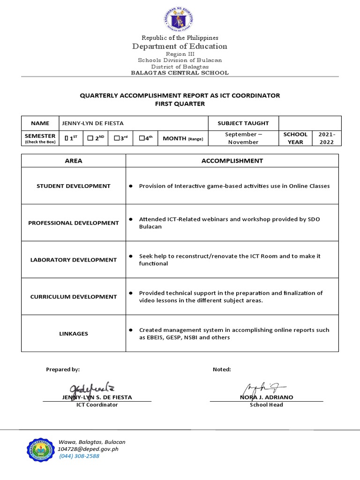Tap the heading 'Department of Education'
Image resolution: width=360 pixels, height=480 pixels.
[x=180, y=46]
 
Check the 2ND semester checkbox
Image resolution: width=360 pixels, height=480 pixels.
[x=90, y=138]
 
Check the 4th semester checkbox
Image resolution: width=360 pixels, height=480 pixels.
[x=142, y=138]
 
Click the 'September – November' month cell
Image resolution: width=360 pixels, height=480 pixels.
[x=243, y=138]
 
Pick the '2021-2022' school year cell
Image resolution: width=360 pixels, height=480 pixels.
[x=326, y=138]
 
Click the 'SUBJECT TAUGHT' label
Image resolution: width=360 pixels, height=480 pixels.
[x=243, y=123]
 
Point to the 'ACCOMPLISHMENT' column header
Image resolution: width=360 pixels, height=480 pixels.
[x=232, y=161]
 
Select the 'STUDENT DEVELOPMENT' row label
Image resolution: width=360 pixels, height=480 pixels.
[x=74, y=186]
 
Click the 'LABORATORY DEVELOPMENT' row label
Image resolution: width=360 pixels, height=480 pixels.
[x=74, y=260]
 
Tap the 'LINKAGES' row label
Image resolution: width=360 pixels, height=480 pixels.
[x=74, y=334]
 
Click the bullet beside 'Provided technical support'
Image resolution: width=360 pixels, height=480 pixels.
[x=131, y=293]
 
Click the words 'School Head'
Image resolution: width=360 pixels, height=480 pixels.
[x=266, y=405]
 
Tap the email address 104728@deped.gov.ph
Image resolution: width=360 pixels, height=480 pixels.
[x=88, y=449]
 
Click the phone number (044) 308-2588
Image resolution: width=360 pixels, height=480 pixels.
[x=79, y=456]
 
